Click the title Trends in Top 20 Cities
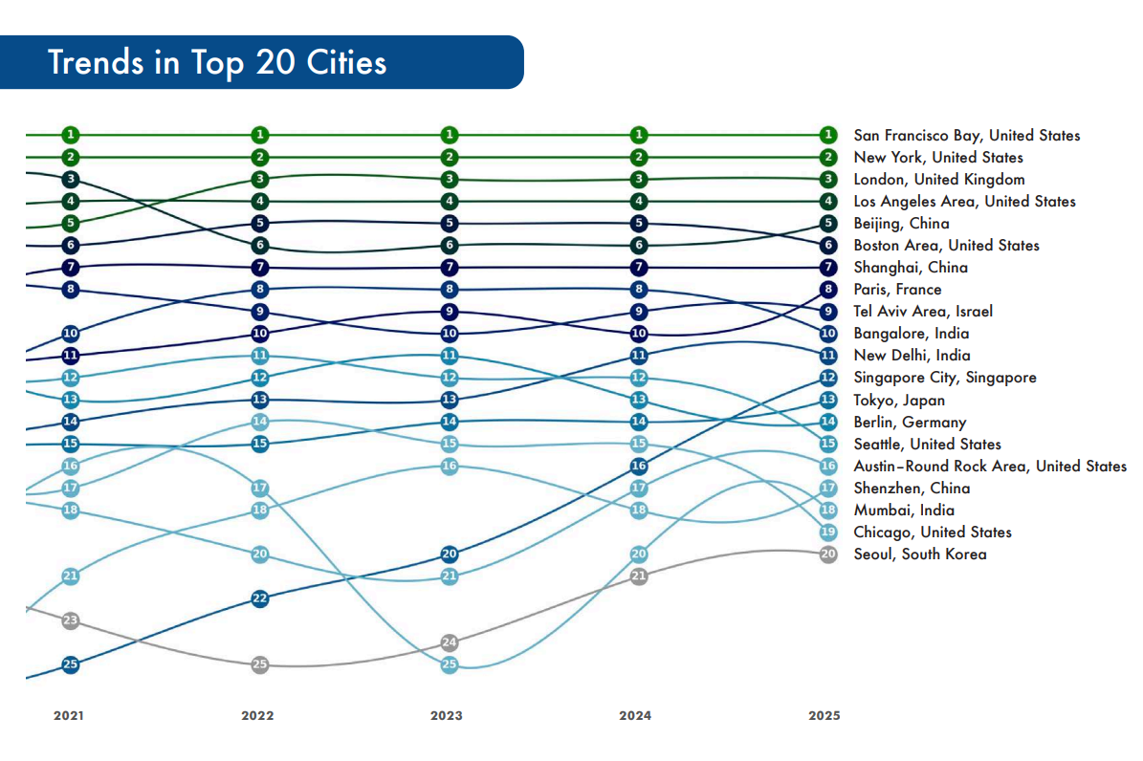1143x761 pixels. (217, 62)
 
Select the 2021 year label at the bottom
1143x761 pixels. (69, 715)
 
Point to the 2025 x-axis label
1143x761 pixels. (824, 715)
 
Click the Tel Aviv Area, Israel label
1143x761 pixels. (923, 312)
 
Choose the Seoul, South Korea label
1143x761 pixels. (919, 554)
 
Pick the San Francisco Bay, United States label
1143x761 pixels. (966, 136)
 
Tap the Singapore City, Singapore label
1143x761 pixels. (944, 378)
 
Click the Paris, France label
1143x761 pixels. (897, 290)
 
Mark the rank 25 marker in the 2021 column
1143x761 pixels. (70, 664)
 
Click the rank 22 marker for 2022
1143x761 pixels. (260, 598)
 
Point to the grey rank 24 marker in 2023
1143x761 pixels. (450, 642)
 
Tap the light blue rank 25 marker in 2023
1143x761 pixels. (450, 664)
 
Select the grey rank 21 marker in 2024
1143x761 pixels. (639, 576)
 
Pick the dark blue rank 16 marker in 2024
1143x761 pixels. (639, 466)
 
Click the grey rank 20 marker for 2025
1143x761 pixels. (828, 554)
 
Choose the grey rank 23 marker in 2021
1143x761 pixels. (70, 620)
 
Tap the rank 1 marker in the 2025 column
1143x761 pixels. (828, 135)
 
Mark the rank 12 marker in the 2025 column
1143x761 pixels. (828, 378)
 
